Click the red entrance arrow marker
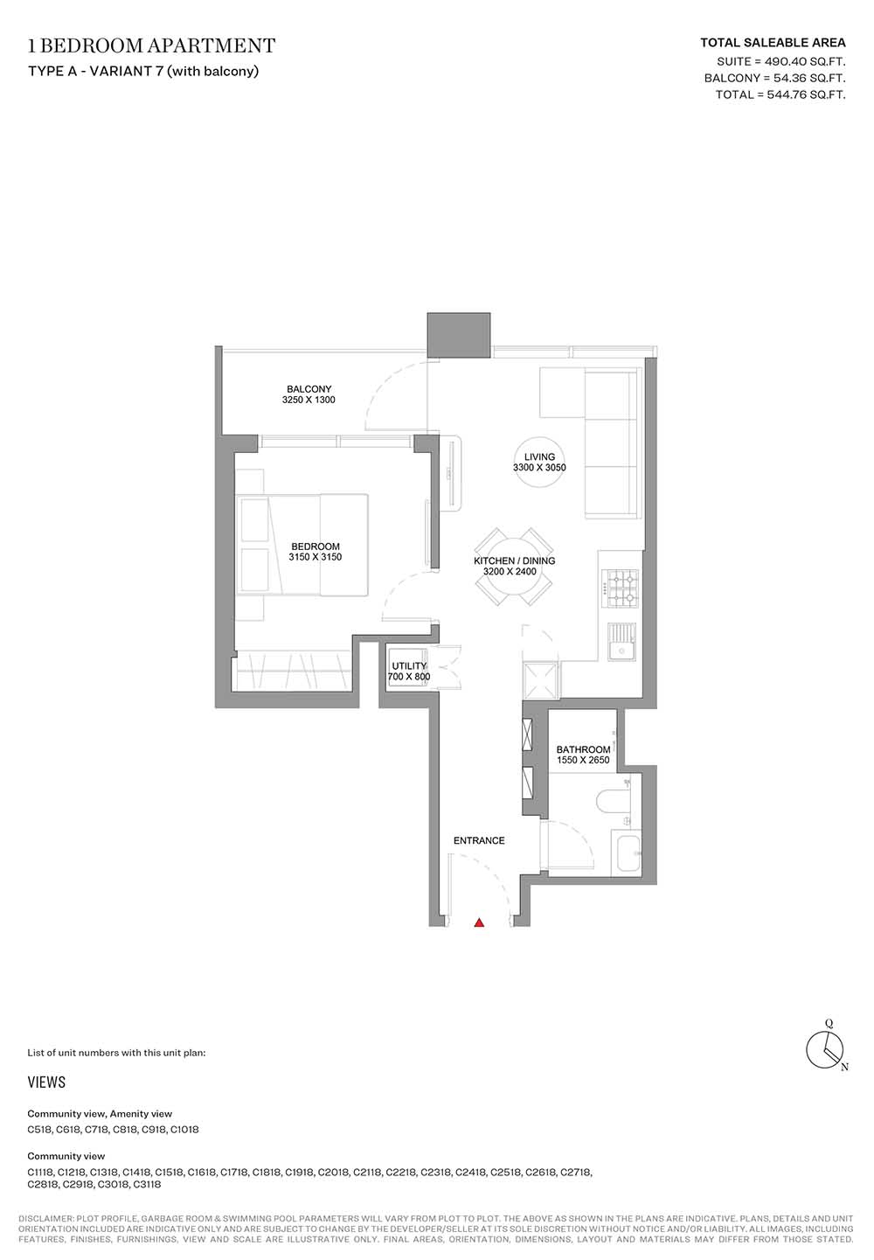(479, 922)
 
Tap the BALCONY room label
(309, 389)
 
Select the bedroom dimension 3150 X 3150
(315, 557)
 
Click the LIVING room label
(539, 456)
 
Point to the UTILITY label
(409, 666)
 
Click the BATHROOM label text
(583, 749)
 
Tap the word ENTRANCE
(479, 840)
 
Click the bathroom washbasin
(628, 854)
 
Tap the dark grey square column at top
(458, 335)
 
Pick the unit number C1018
(184, 1129)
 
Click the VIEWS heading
(46, 1082)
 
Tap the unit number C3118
(147, 1184)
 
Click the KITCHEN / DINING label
(514, 560)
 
